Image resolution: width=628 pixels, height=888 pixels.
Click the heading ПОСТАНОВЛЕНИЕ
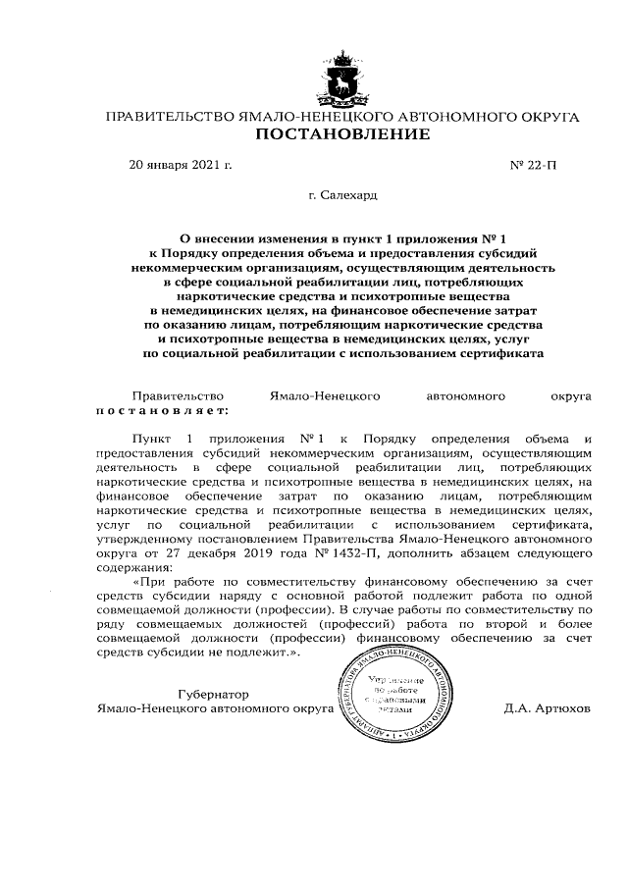pyautogui.click(x=341, y=134)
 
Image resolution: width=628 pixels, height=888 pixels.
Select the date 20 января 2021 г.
pyautogui.click(x=181, y=165)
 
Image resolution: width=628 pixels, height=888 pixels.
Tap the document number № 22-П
pyautogui.click(x=532, y=165)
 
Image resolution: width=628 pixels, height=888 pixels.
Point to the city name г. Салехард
pyautogui.click(x=341, y=196)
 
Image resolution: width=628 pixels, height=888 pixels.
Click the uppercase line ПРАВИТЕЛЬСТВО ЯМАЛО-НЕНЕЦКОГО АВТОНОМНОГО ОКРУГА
pyautogui.click(x=341, y=117)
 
